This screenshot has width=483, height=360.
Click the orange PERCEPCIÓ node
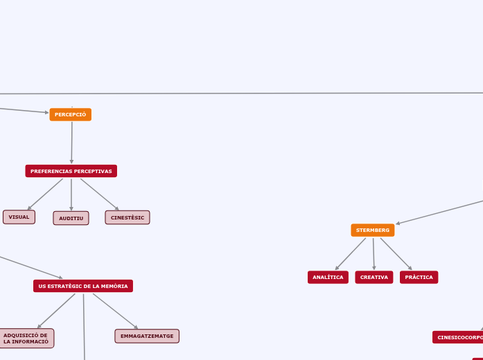click(x=71, y=114)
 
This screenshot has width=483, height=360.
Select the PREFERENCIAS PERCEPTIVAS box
click(x=71, y=171)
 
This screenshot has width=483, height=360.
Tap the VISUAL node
click(x=19, y=217)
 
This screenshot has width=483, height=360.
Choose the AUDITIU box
click(x=71, y=218)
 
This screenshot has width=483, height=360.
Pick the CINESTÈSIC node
click(x=128, y=217)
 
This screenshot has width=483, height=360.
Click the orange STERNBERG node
click(x=373, y=230)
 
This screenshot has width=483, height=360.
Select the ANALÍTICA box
click(x=328, y=277)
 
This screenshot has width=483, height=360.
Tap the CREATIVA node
click(x=374, y=277)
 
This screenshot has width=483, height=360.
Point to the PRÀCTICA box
click(x=419, y=277)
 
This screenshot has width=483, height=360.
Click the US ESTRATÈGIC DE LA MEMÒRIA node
click(x=83, y=286)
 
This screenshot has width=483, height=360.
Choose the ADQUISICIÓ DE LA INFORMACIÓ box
click(x=26, y=339)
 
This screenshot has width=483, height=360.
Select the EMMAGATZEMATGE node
click(x=147, y=336)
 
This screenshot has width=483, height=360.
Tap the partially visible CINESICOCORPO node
click(x=459, y=337)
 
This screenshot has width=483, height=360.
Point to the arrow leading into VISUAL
click(x=45, y=194)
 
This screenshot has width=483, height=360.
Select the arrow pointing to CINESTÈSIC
click(x=99, y=194)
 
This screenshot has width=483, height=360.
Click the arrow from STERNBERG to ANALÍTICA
click(x=351, y=253)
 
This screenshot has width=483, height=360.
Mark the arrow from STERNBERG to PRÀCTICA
click(x=396, y=253)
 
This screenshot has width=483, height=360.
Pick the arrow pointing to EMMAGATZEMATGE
click(x=115, y=311)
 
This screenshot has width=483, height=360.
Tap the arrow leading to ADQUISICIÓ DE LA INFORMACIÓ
click(x=56, y=311)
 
